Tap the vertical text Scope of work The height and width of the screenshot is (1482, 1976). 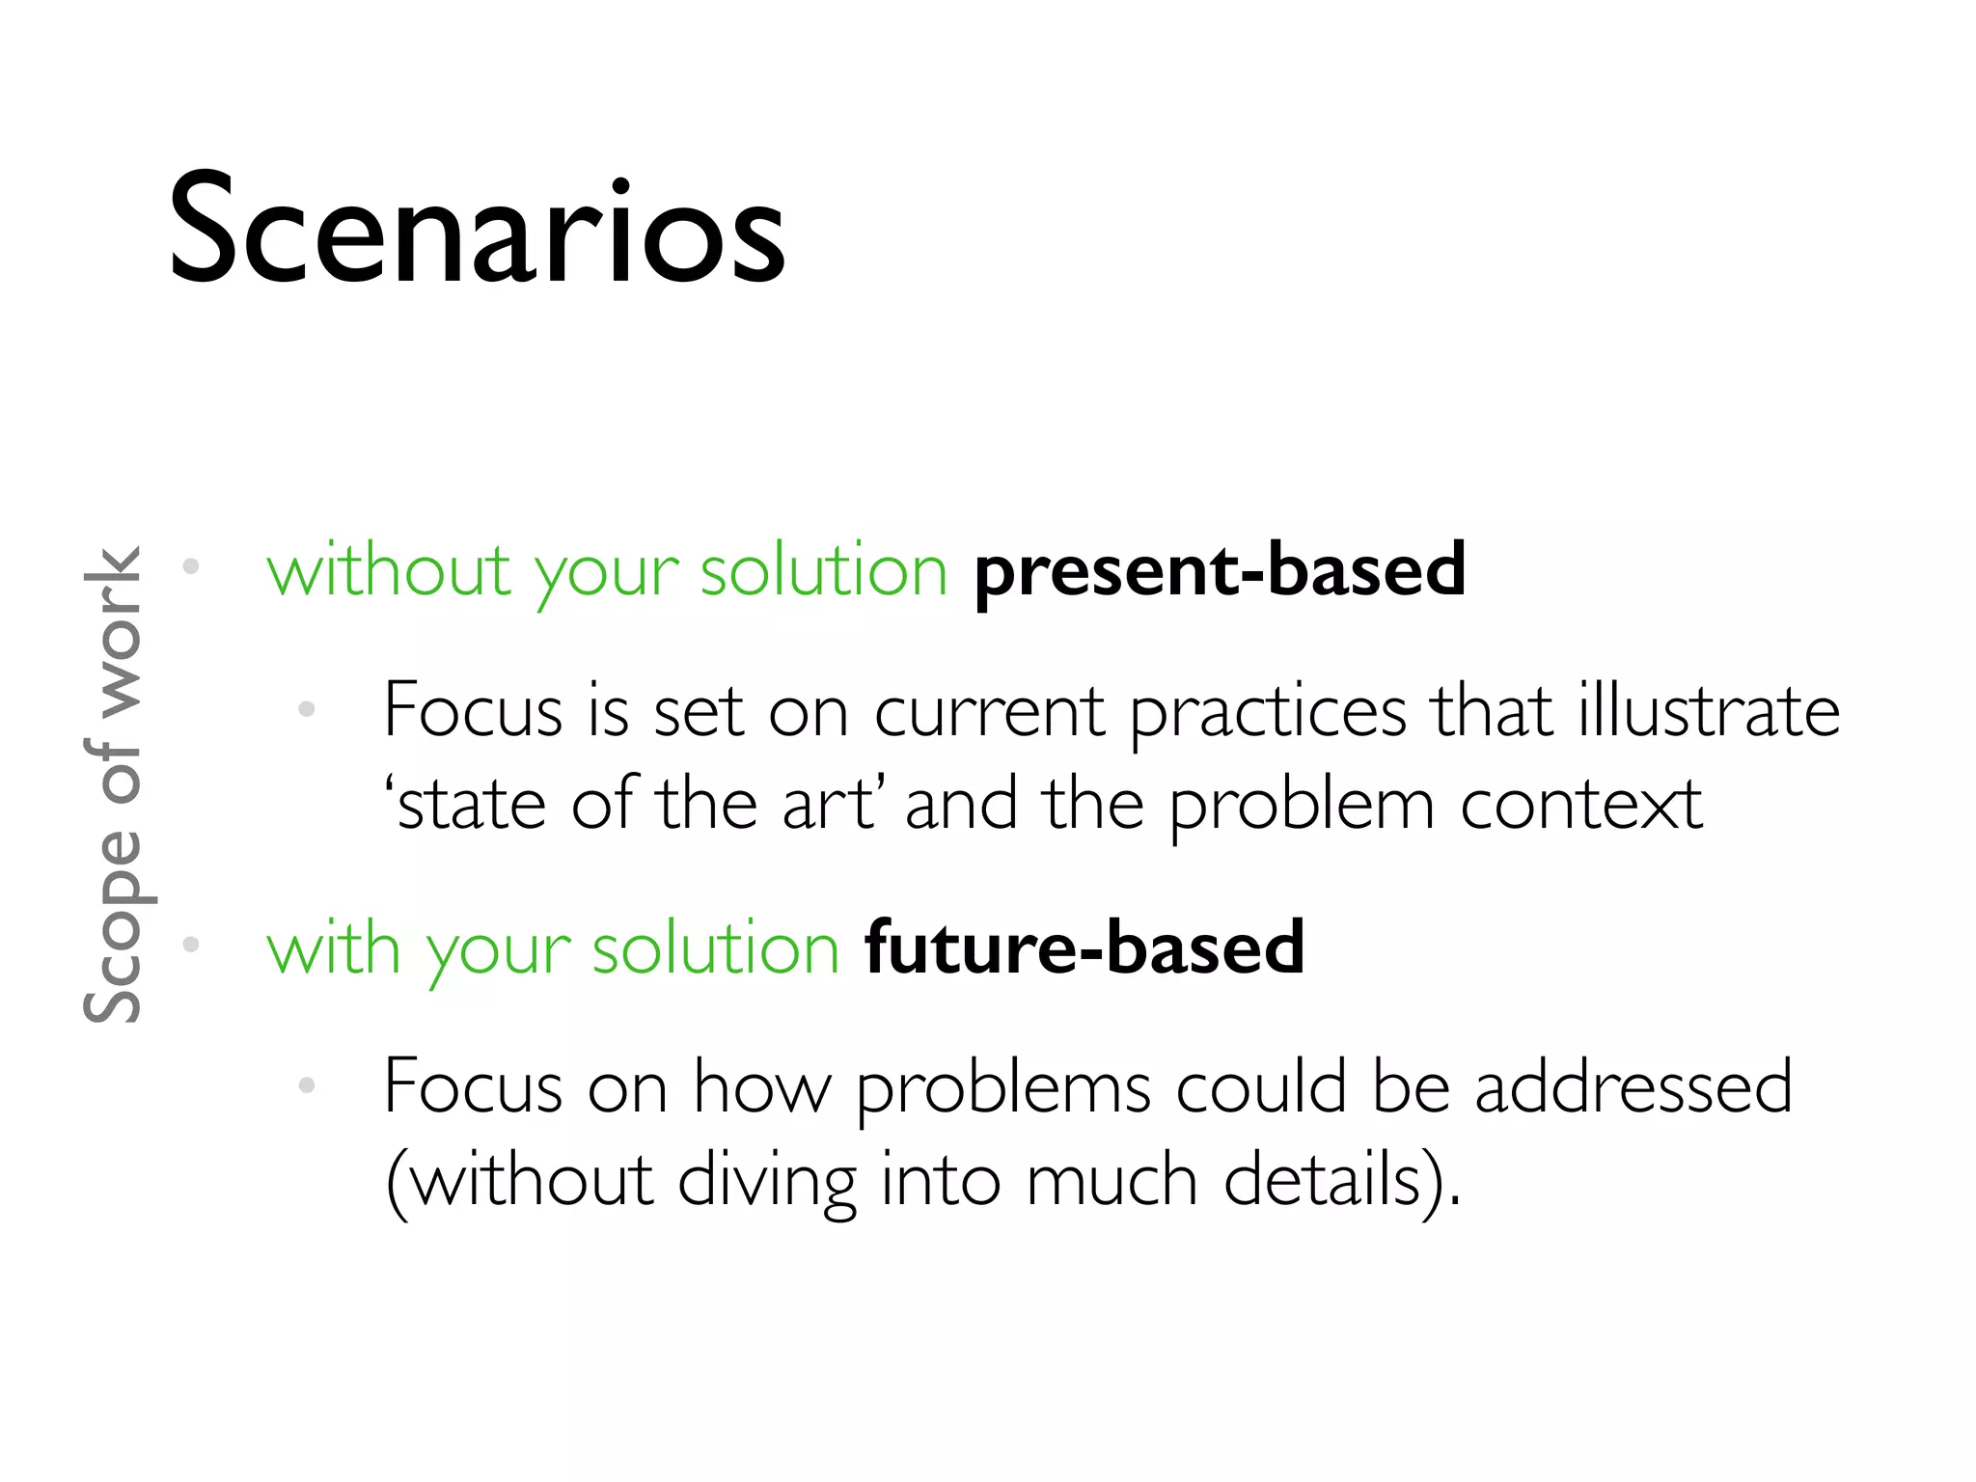[114, 783]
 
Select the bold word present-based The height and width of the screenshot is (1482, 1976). [1220, 571]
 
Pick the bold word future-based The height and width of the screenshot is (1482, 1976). [1084, 948]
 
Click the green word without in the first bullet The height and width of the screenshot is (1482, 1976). [387, 571]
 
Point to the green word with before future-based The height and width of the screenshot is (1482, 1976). [333, 948]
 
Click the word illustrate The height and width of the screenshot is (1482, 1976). [1709, 712]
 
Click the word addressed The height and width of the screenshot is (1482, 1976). [1633, 1087]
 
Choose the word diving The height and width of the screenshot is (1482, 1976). [767, 1181]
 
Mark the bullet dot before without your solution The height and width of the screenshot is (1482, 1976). [191, 566]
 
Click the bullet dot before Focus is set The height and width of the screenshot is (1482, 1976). [307, 709]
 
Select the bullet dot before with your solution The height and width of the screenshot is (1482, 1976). [191, 944]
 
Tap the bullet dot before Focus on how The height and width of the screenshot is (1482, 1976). [307, 1085]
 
